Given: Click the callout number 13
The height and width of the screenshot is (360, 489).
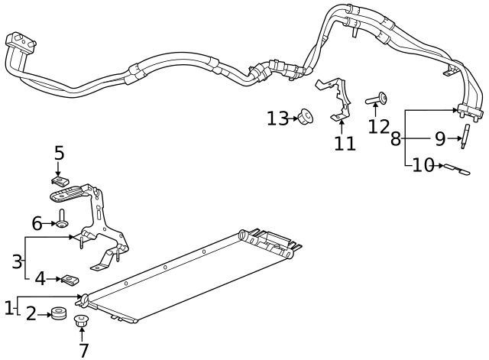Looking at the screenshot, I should pyautogui.click(x=277, y=118).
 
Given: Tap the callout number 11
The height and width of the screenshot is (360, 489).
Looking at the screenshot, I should pyautogui.click(x=345, y=143).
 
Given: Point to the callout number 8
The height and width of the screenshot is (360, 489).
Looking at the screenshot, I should pyautogui.click(x=395, y=139).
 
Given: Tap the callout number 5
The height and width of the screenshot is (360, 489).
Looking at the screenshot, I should pyautogui.click(x=59, y=153).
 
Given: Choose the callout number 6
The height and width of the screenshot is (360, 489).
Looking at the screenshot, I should pyautogui.click(x=37, y=223).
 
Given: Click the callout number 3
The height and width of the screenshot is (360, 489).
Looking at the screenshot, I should pyautogui.click(x=17, y=261).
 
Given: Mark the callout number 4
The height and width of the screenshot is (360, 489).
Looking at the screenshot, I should pyautogui.click(x=40, y=279).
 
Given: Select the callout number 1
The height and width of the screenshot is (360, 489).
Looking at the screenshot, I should pyautogui.click(x=8, y=308).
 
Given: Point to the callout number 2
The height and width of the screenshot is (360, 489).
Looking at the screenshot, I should pyautogui.click(x=31, y=313).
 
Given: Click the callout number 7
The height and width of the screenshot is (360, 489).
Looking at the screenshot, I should pyautogui.click(x=83, y=350).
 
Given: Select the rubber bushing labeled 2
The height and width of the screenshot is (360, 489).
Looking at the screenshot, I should pyautogui.click(x=57, y=313).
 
